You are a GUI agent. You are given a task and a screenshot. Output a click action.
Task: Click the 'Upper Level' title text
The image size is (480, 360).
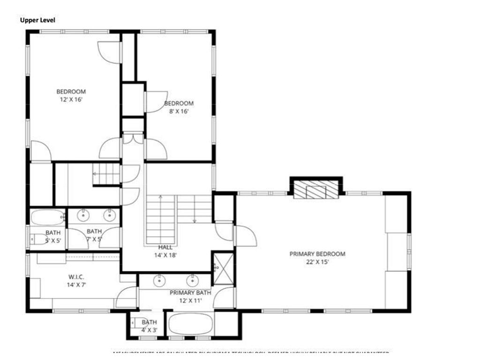tap(37, 20)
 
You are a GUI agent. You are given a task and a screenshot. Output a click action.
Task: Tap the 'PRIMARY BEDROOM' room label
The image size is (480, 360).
tap(317, 254)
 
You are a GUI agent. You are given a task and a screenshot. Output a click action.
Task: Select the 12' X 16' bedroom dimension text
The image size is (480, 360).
tap(71, 99)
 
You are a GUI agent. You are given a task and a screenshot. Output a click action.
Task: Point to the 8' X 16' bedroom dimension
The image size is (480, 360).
tap(179, 112)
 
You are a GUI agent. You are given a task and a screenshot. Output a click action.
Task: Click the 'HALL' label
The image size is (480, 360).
tap(165, 247)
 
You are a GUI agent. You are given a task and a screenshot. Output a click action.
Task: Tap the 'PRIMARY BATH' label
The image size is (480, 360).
tap(190, 292)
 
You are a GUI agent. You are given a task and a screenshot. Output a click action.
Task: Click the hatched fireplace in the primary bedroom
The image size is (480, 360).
tap(316, 190)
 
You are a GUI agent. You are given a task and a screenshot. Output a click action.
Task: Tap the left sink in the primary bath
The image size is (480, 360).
tap(160, 280)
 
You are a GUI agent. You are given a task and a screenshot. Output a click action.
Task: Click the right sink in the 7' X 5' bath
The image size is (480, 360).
tap(110, 215)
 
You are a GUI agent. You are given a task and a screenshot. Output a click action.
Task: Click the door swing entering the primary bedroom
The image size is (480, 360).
tap(245, 236)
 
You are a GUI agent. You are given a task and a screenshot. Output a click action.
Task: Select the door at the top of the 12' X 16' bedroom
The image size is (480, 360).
tap(109, 52)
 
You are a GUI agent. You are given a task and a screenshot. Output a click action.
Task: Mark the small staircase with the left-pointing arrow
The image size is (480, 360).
tap(106, 173)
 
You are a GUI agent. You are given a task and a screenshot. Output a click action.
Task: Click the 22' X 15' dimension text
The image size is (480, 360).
tap(317, 262)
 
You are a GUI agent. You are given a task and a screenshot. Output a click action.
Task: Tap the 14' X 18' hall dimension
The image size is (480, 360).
tap(165, 255)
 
